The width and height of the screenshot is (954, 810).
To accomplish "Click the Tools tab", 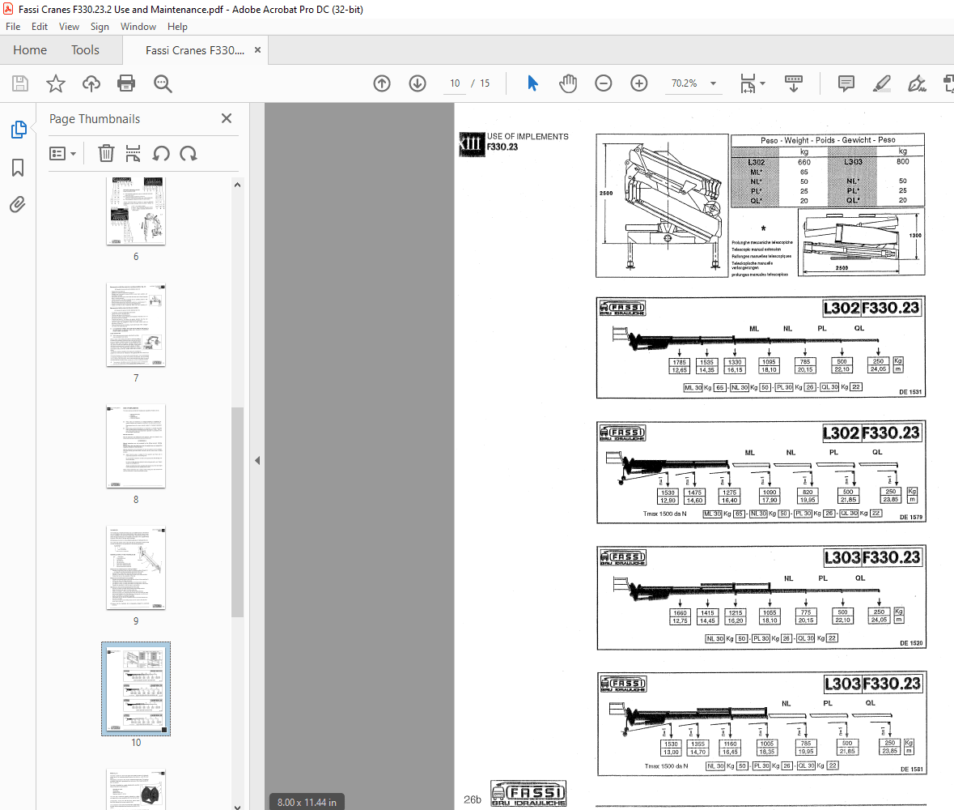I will (85, 50).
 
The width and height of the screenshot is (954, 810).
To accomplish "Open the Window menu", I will (138, 27).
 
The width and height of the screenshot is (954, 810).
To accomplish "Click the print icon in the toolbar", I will (126, 83).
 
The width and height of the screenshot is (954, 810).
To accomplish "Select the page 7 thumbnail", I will (136, 325).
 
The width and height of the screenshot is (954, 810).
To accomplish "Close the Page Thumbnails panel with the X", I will (227, 119).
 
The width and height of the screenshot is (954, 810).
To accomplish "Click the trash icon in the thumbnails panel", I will (106, 153).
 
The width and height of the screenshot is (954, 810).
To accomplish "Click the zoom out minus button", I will (603, 83).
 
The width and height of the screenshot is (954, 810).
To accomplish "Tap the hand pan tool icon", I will (569, 83).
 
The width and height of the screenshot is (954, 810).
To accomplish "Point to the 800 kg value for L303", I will (902, 162).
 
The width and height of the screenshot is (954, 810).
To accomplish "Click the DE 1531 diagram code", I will (909, 392).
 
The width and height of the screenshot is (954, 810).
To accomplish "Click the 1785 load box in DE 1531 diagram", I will (680, 362).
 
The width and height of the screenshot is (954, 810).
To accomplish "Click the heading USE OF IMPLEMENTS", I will (528, 137).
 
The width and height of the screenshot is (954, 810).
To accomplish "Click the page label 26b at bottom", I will (473, 799).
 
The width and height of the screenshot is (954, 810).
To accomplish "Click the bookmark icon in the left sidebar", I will (18, 168).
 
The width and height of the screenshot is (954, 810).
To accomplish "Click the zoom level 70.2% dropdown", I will (693, 83).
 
